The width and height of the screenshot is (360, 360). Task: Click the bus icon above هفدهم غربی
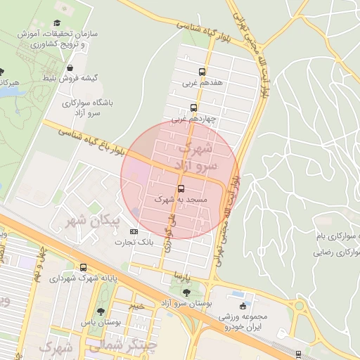tap(202, 72)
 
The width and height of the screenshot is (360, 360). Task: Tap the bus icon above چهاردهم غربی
tap(193, 108)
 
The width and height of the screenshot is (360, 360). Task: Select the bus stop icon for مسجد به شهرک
tap(181, 189)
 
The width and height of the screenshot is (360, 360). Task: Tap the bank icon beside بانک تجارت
tap(134, 231)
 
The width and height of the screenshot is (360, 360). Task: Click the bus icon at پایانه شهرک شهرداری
tap(84, 268)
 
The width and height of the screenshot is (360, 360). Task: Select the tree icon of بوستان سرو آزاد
tap(186, 292)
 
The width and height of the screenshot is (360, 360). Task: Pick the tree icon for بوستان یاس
tap(102, 312)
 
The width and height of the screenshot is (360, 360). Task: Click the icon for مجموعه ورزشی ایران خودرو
tap(243, 307)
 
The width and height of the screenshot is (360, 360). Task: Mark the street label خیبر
tap(136, 306)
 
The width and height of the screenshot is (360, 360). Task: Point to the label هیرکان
tap(10, 83)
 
